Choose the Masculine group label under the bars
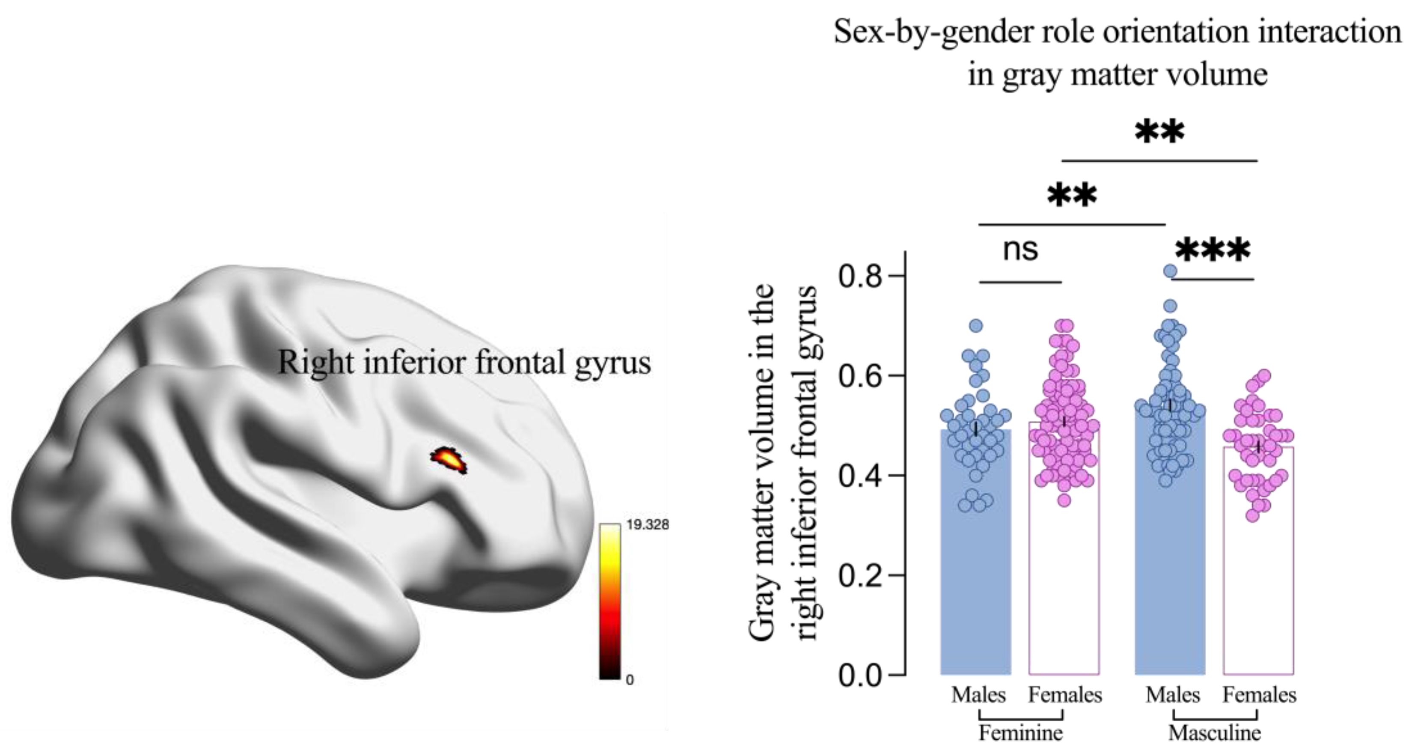[1214, 732]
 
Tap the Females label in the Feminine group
[1065, 695]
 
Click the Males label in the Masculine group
[1172, 695]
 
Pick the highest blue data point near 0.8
[1170, 271]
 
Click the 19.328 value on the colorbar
[647, 525]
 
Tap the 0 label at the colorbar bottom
[630, 680]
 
